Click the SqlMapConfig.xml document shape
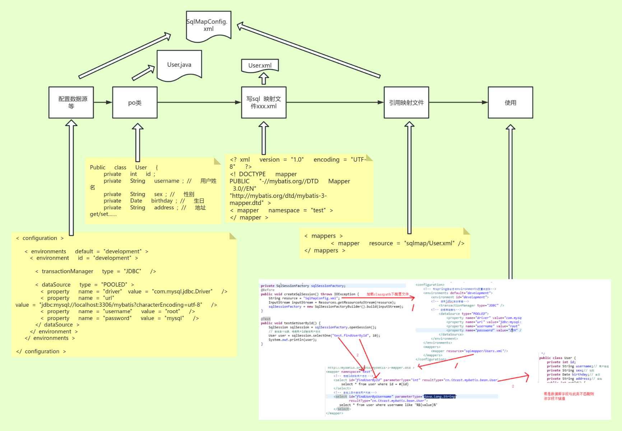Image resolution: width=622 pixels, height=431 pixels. pyautogui.click(x=208, y=25)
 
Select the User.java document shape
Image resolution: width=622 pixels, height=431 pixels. pyautogui.click(x=179, y=65)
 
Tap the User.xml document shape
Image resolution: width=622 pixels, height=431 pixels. pyautogui.click(x=260, y=65)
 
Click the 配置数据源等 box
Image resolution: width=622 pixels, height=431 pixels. pyautogui.click(x=71, y=102)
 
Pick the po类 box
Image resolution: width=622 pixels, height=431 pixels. pyautogui.click(x=135, y=102)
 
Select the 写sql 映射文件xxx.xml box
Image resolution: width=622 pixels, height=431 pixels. pyautogui.click(x=264, y=102)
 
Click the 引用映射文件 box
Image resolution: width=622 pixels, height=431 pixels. pyautogui.click(x=406, y=102)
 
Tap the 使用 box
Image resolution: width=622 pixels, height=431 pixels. pyautogui.click(x=510, y=102)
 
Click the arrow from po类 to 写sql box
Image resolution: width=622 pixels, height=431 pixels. pyautogui.click(x=199, y=102)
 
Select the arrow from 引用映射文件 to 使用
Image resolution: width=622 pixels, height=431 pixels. pyautogui.click(x=458, y=102)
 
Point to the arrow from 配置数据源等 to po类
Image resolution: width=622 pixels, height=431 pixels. pyautogui.click(x=103, y=102)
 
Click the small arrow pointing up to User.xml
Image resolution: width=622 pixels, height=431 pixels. pyautogui.click(x=264, y=79)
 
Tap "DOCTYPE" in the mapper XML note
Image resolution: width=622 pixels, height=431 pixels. pyautogui.click(x=252, y=174)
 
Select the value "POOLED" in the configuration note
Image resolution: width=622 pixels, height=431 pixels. pyautogui.click(x=114, y=284)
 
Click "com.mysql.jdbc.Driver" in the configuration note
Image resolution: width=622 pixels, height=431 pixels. pyautogui.click(x=182, y=291)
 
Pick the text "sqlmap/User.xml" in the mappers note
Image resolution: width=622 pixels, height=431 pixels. pyautogui.click(x=429, y=243)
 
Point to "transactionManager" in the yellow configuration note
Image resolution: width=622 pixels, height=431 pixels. pyautogui.click(x=67, y=271)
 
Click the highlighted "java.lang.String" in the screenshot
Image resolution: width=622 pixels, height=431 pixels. pyautogui.click(x=440, y=397)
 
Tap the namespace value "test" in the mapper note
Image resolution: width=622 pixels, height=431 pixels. pyautogui.click(x=319, y=210)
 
